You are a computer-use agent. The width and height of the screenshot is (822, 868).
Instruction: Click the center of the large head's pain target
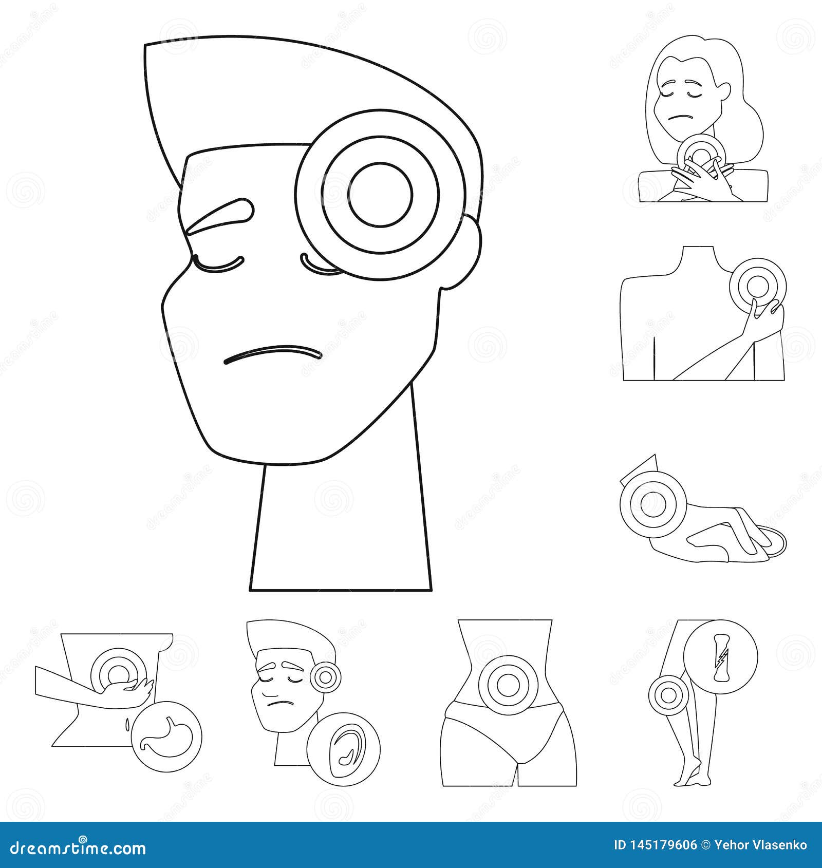380,195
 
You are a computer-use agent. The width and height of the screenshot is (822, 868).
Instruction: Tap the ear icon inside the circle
344,749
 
